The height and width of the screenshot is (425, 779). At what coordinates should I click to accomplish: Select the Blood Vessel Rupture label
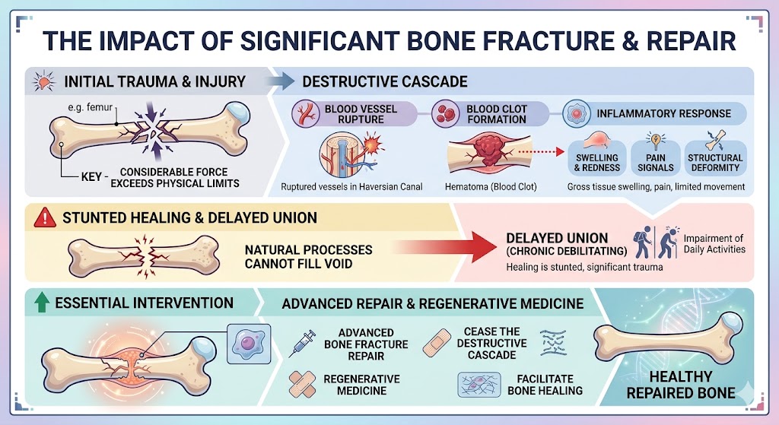(x=361, y=114)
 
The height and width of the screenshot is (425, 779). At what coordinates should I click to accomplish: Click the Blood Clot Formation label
(x=495, y=114)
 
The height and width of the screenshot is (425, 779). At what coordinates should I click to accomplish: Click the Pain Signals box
(x=655, y=157)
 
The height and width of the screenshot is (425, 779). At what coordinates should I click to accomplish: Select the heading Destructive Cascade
(x=385, y=81)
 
